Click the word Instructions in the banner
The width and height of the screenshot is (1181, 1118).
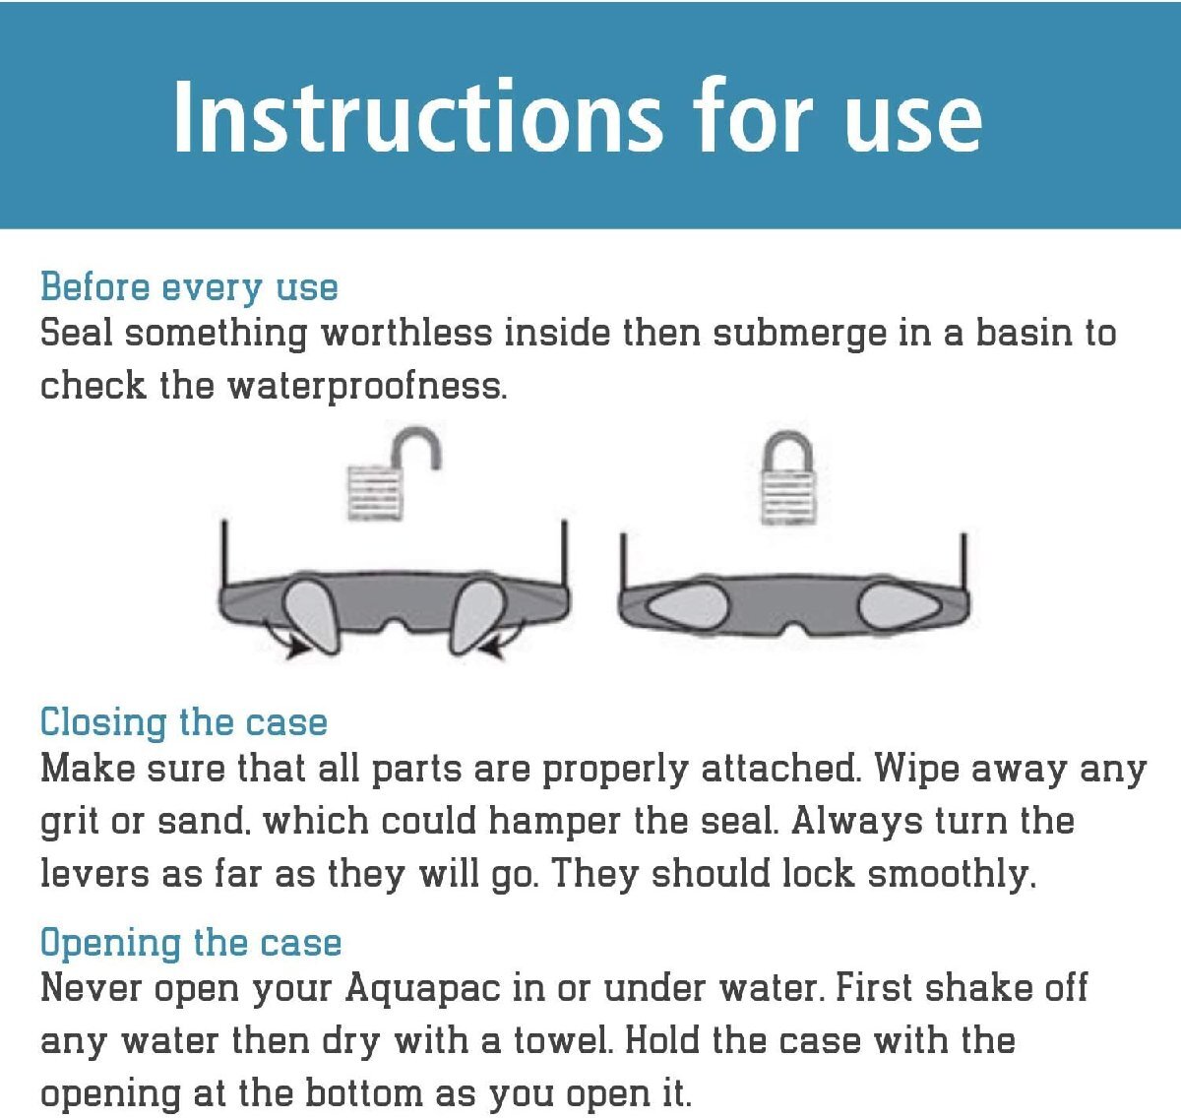coord(418,116)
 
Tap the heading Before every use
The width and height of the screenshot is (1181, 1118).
coord(189,287)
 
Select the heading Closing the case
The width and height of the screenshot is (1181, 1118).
coord(184,721)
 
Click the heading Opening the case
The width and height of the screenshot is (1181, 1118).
coord(191,942)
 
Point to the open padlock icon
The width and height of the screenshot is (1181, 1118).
coord(394,474)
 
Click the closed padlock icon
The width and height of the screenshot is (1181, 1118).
coord(788,477)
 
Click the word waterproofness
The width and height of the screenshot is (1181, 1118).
coord(368,386)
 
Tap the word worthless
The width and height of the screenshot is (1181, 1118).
coord(406,333)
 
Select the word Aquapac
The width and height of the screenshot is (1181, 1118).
coord(422,990)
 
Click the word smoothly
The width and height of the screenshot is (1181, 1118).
coord(952,875)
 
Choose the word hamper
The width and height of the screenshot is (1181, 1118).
coord(554,823)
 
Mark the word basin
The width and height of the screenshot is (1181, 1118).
coord(1024,333)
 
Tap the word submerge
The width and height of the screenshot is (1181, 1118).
coord(799,334)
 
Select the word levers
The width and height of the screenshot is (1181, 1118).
coord(94,874)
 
